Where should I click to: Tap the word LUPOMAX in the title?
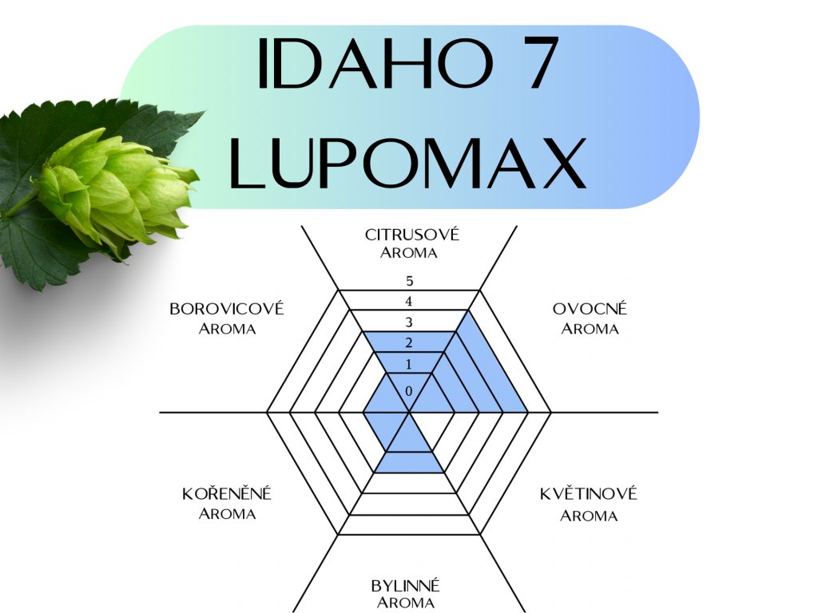click(408, 163)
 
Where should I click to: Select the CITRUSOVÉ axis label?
click(412, 235)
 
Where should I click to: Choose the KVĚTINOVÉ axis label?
click(589, 494)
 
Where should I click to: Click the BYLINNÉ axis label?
click(406, 586)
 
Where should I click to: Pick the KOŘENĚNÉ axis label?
click(227, 494)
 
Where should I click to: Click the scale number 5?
click(409, 281)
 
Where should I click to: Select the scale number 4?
click(409, 302)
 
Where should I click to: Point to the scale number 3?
click(409, 322)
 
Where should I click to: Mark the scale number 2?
click(409, 343)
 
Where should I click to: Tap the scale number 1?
click(409, 364)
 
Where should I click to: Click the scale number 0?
click(409, 391)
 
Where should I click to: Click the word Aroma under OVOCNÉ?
click(590, 329)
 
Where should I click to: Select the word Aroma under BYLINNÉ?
click(406, 603)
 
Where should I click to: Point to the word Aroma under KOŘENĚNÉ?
click(227, 514)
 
